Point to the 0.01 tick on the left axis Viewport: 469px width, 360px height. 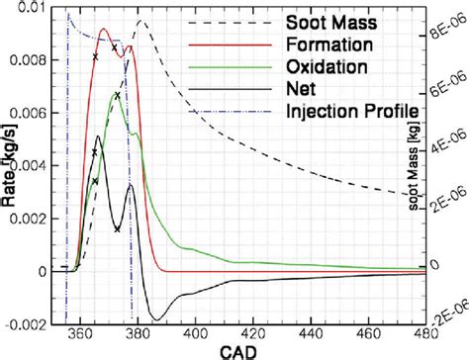(24, 9)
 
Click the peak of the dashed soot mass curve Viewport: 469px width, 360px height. (141, 21)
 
